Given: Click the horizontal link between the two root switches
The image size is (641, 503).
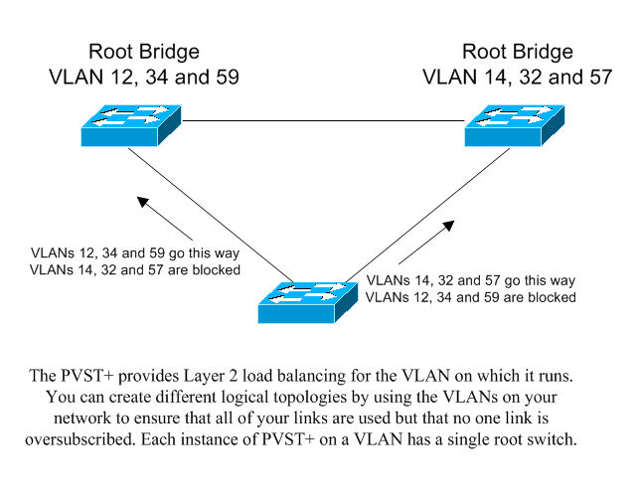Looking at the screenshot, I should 323,120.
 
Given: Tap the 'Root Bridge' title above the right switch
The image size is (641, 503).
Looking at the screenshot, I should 516,52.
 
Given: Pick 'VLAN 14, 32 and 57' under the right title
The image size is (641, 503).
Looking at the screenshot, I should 516,76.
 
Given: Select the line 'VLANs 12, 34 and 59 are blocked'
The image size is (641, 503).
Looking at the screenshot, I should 471,296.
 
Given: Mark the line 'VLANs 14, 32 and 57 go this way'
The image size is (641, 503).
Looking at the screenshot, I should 471,281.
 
